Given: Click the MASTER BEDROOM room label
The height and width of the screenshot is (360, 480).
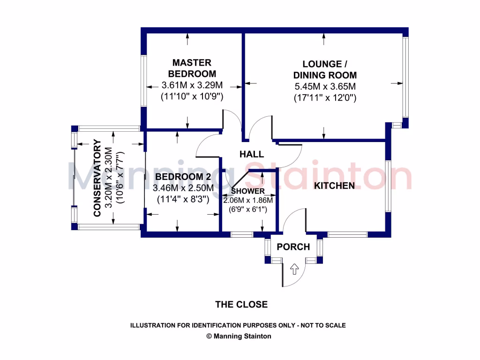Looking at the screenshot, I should tap(192, 68).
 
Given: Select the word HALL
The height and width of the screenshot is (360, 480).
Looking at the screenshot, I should tap(252, 154).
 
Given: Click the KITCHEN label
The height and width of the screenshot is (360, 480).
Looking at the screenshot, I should tap(334, 186).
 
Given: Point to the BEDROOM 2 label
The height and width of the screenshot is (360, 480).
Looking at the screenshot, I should tap(183, 177).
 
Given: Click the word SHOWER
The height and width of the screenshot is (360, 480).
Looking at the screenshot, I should tap(248, 191).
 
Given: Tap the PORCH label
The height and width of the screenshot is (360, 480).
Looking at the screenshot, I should tap(293, 247).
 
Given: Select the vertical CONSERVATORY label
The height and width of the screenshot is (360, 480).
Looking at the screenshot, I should tap(98, 178).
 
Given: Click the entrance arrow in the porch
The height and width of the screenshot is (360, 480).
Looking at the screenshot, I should tap(294, 269).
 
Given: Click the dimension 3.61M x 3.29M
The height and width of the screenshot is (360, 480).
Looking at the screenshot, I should tap(192, 85).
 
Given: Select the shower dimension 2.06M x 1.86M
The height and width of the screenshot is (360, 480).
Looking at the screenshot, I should tap(248, 200).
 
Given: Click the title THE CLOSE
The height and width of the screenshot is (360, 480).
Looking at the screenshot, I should tap(241, 305).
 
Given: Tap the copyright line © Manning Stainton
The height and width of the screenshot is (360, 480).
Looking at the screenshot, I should tap(239, 336).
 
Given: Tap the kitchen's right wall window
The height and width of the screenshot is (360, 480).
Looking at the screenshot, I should tap(388, 186).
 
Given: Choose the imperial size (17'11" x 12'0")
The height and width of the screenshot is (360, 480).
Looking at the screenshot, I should tap(325, 98).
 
